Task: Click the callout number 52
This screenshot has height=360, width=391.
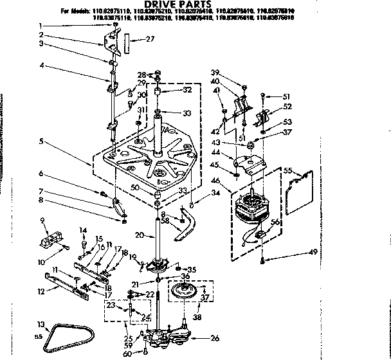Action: [287, 107]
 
